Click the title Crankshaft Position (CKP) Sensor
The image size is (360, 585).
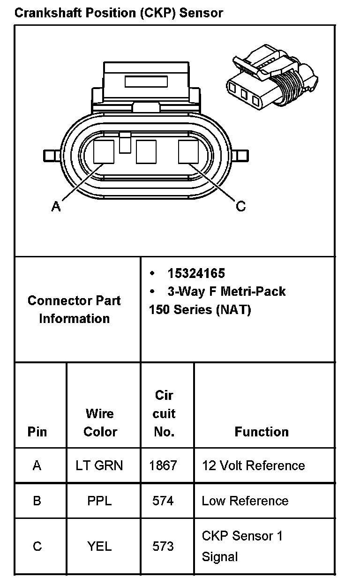pos(119,13)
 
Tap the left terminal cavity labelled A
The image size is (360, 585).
pos(104,152)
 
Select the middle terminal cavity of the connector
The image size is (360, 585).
pos(146,152)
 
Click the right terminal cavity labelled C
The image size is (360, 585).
pos(188,152)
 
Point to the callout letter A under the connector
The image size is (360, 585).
pos(56,206)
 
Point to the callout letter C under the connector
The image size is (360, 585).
pos(240,206)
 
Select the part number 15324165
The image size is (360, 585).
pos(196,273)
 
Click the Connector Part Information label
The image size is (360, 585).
pos(74,309)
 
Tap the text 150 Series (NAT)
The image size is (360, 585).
pos(200,310)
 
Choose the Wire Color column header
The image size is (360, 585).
pos(100,422)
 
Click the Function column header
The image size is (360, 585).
pos(262,431)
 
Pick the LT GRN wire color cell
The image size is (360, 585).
pos(99,465)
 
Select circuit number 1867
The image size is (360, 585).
pos(163,465)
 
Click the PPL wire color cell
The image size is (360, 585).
pos(99,501)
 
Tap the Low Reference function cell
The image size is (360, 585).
pos(245,501)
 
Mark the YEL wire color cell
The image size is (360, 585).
pos(99,546)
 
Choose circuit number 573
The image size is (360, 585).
pos(163,546)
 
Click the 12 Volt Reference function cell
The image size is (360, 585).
pos(253,465)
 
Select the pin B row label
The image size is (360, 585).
pos(37,501)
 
